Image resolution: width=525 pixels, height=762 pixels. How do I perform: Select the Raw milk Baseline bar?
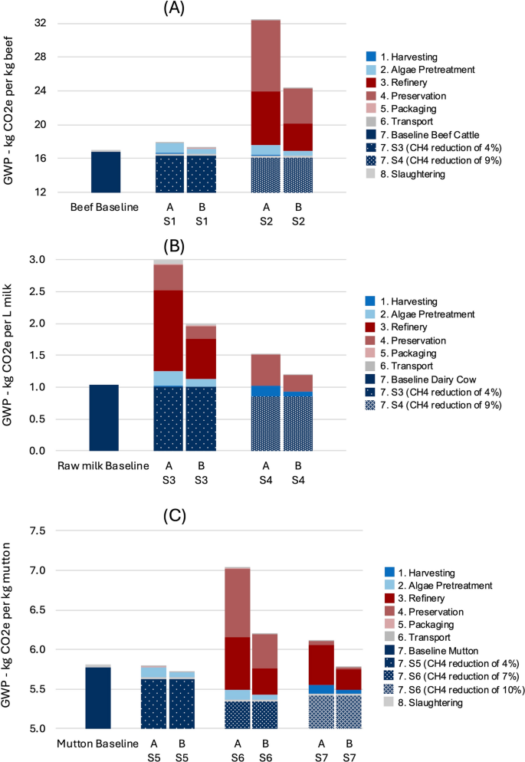(x=103, y=418)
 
